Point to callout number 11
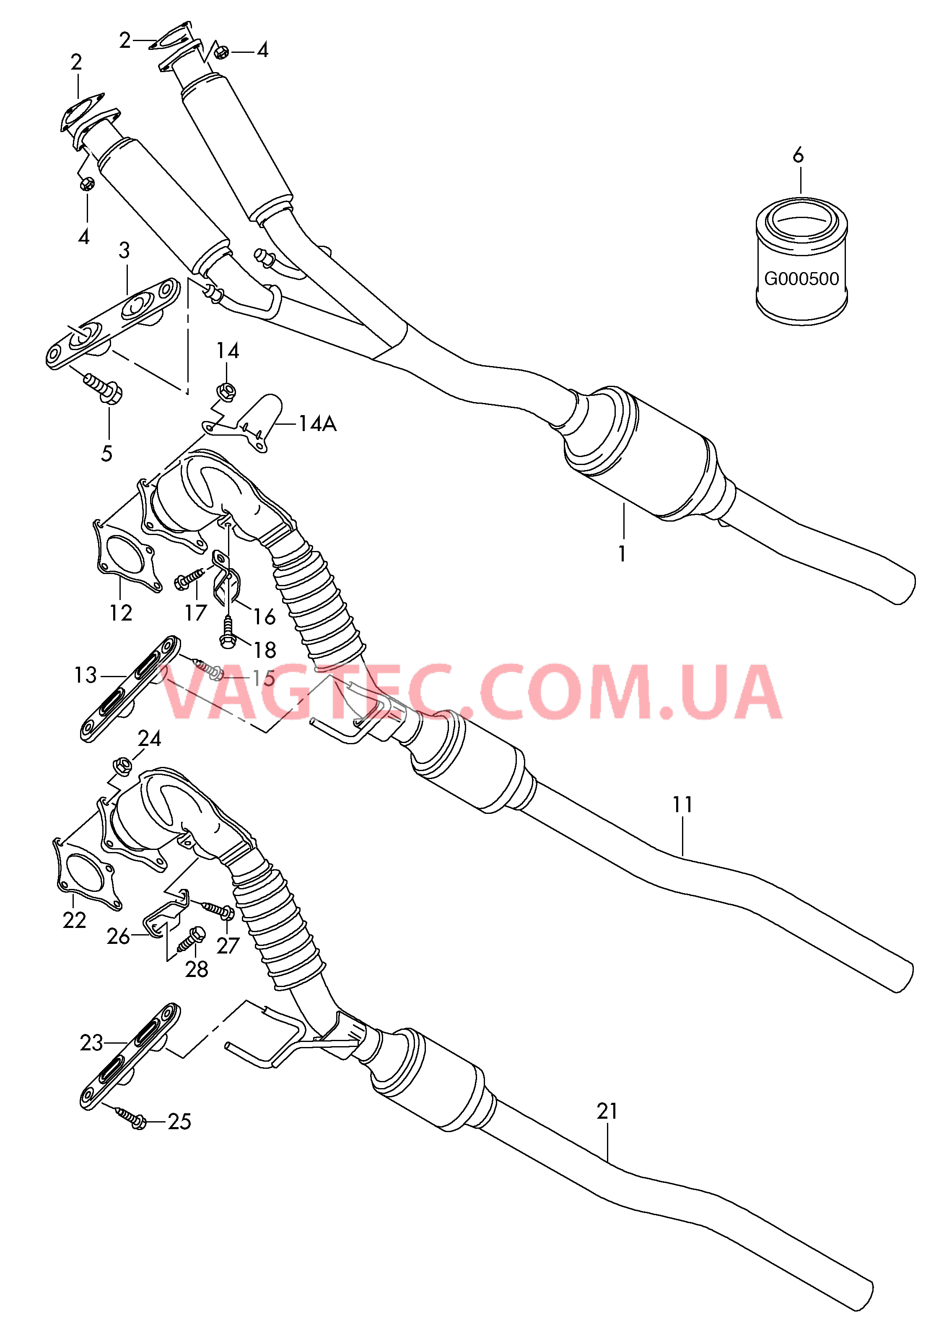coord(682,805)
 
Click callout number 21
coord(607,1111)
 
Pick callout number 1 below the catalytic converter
coord(622,554)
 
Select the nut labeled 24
coord(123,766)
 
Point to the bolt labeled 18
coord(227,632)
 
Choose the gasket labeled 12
coord(126,555)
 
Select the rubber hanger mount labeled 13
coord(130,689)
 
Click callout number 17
coord(196,612)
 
